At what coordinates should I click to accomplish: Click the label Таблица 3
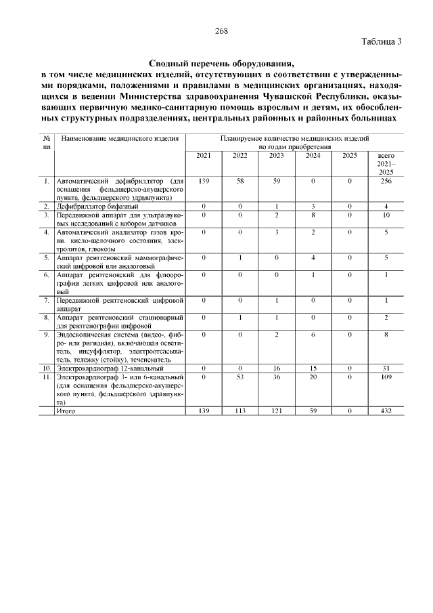[x=382, y=41]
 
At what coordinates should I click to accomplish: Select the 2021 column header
[x=204, y=156]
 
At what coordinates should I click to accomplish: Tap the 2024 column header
[x=313, y=156]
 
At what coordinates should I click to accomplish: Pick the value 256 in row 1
[x=386, y=182]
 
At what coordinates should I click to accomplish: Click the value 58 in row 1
[x=240, y=182]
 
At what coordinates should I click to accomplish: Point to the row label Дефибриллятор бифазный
[x=97, y=206]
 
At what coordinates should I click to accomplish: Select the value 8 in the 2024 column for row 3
[x=313, y=215]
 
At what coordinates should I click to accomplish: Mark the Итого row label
[x=66, y=410]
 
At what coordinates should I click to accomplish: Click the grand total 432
[x=386, y=410]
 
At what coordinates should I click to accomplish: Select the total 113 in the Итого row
[x=240, y=410]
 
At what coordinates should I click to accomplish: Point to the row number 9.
[x=46, y=335]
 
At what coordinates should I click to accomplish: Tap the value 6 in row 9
[x=313, y=335]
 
